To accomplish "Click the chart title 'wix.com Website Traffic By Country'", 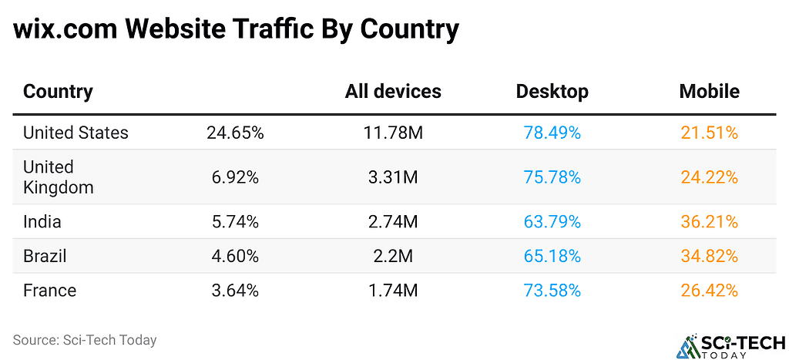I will point(236,30).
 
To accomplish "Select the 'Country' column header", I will point(58,92).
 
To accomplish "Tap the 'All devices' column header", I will point(393,92).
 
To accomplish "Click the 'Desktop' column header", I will point(552,92).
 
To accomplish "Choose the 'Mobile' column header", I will point(709,92).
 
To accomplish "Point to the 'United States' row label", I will point(76,133).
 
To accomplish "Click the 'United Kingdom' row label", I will point(59,177).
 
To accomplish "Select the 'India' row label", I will point(42,222).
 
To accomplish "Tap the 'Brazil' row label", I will point(45,256).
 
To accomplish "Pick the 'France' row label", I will point(49,291).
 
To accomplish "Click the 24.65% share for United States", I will point(235,133).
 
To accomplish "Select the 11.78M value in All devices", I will point(393,133).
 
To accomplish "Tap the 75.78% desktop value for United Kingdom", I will point(552,177).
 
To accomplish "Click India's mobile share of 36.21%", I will point(709,222).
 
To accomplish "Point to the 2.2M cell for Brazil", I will point(393,256).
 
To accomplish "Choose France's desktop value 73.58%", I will point(552,291).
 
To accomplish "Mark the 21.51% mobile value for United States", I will point(709,133).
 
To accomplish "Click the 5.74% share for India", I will point(235,222).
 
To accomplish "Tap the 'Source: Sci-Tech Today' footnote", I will point(85,340).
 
